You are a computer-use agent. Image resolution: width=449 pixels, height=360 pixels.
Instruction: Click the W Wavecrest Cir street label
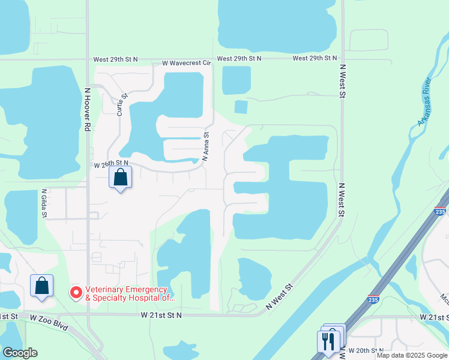pyautogui.click(x=187, y=62)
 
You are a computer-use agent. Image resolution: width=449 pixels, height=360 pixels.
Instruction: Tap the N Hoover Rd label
pyautogui.click(x=87, y=110)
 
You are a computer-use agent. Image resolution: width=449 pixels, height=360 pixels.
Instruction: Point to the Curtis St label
pyautogui.click(x=122, y=104)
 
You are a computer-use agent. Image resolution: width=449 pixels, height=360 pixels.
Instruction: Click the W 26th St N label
pyautogui.click(x=111, y=164)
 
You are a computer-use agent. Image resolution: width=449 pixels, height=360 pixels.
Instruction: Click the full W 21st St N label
pyautogui.click(x=161, y=315)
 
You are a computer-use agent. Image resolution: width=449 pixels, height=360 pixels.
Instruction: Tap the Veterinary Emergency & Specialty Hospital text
pyautogui.click(x=130, y=293)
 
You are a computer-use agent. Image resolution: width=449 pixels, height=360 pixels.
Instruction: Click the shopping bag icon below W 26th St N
pyautogui.click(x=121, y=178)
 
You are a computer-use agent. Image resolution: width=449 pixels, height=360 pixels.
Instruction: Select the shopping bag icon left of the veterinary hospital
pyautogui.click(x=42, y=286)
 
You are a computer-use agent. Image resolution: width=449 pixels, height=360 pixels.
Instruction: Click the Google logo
pyautogui.click(x=20, y=353)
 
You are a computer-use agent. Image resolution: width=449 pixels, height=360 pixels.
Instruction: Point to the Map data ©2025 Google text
pyautogui.click(x=412, y=355)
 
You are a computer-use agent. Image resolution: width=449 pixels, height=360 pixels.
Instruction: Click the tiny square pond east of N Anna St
pyautogui.click(x=241, y=107)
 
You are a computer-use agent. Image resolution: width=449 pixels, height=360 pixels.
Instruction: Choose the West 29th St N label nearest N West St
pyautogui.click(x=315, y=58)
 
